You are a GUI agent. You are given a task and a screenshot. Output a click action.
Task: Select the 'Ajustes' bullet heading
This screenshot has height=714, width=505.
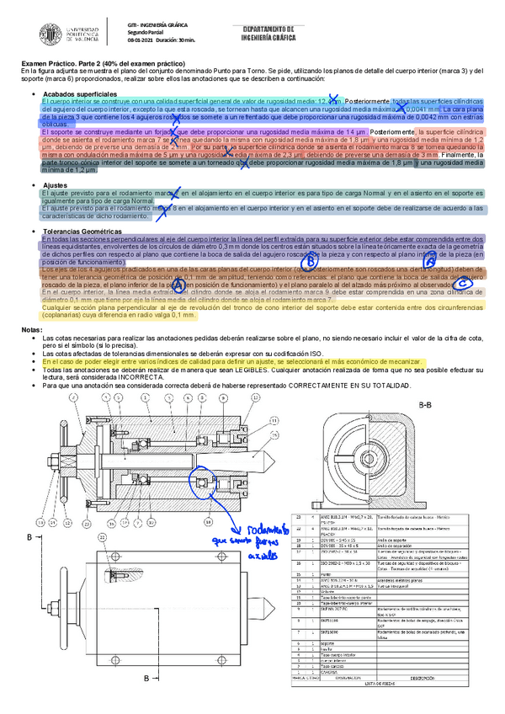click(56, 184)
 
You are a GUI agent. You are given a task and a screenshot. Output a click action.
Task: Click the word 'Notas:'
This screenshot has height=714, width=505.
click(30, 329)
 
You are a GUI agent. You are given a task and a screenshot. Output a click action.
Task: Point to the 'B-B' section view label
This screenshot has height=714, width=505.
click(426, 405)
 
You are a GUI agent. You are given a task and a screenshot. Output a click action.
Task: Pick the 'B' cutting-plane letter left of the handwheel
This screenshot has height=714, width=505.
click(31, 536)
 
